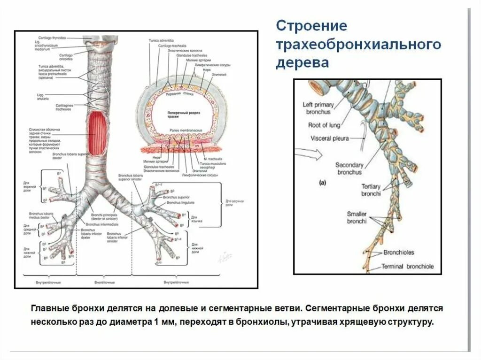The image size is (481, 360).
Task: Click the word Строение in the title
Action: coord(311,26)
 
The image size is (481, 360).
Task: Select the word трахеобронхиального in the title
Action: coord(358,45)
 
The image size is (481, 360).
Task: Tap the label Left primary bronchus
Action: coord(317,108)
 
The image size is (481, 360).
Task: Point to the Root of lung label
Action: coord(324,125)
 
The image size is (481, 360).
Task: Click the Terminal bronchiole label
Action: coord(407,267)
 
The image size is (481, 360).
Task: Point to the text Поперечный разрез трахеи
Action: coord(178,115)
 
